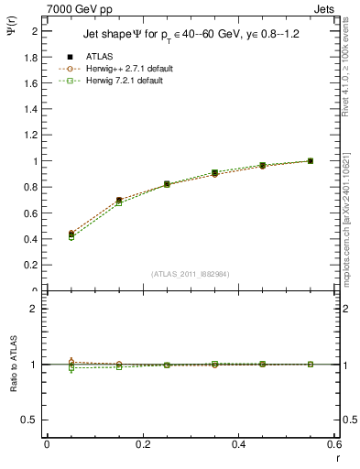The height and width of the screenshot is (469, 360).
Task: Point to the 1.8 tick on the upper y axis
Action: pyautogui.click(x=31, y=57)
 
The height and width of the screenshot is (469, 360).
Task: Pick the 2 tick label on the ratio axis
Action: pyautogui.click(x=34, y=309)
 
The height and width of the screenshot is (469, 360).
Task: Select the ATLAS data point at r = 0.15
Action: pyautogui.click(x=119, y=200)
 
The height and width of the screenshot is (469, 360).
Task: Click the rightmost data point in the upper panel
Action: pyautogui.click(x=311, y=161)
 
